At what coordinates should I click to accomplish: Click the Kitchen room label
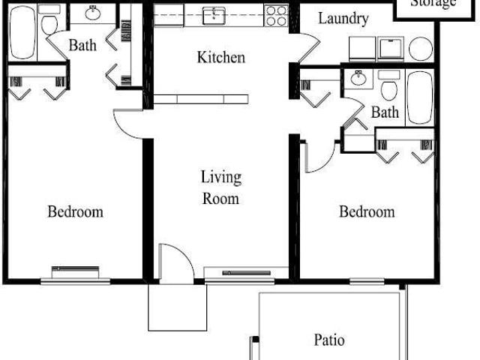tap(220, 57)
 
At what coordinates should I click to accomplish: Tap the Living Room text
tap(220, 187)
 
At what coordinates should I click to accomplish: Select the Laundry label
tap(343, 19)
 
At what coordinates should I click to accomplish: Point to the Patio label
tap(329, 340)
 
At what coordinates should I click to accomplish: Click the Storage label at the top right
tap(433, 4)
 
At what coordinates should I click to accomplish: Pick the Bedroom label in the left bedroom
tap(75, 211)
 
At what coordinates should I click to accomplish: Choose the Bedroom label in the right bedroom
tap(367, 211)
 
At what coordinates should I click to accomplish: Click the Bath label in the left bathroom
tap(82, 46)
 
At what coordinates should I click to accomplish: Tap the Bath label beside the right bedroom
tap(385, 112)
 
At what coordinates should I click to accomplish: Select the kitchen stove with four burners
tap(276, 14)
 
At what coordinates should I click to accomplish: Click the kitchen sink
tap(215, 14)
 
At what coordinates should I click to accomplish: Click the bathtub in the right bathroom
tap(419, 97)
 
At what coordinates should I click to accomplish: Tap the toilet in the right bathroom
tap(388, 88)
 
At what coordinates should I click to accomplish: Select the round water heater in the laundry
tap(421, 48)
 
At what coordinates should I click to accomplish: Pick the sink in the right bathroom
tap(358, 79)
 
